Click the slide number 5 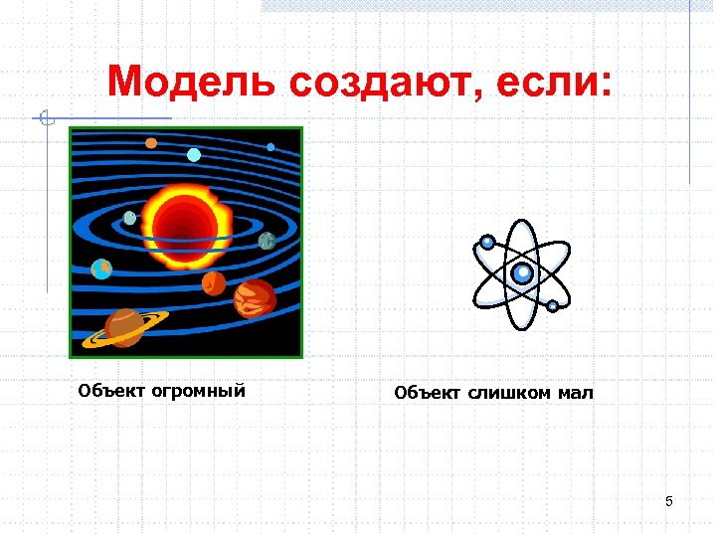tap(669, 501)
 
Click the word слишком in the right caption tap(502, 393)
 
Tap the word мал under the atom tap(575, 393)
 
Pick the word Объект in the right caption tap(428, 393)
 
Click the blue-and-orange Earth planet tap(101, 268)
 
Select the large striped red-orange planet tap(255, 296)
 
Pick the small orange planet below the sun tap(214, 283)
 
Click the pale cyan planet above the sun tap(194, 154)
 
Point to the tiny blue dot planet tap(270, 147)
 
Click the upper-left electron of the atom tap(487, 242)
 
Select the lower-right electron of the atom tap(553, 307)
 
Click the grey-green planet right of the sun tap(267, 240)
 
